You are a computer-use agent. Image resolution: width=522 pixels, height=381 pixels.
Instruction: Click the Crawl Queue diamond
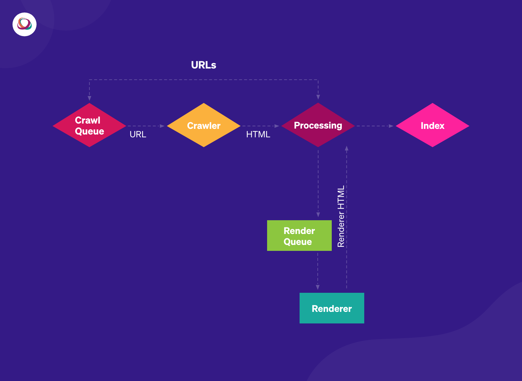89,125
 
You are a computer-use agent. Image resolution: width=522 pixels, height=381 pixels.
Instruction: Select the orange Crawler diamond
204,125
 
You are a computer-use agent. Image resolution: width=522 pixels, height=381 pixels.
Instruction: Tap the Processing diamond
318,125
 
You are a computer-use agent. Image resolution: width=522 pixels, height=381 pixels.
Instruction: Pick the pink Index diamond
432,125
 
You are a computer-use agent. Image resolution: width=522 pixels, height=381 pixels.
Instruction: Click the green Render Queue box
299,236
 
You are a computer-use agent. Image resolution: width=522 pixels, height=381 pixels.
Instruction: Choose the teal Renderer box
332,308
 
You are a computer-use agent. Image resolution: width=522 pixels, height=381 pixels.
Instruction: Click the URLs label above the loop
204,65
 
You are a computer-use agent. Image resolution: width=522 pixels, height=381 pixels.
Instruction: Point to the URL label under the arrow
138,135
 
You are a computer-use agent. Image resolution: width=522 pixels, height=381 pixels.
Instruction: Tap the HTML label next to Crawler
258,135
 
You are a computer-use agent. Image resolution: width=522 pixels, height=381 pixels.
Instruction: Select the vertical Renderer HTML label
341,216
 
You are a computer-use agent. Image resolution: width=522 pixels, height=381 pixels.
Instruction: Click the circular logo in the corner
24,24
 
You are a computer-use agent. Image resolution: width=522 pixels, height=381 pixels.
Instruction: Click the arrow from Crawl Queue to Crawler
146,126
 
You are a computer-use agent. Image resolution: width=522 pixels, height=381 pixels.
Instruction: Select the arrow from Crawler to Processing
260,126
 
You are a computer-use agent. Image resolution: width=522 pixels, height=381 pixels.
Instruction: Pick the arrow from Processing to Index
375,126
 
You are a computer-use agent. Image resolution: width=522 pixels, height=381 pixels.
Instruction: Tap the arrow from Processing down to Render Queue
318,183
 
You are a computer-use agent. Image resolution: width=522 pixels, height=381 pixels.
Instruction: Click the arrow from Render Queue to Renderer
318,271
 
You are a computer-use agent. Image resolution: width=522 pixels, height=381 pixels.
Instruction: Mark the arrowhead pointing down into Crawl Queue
89,98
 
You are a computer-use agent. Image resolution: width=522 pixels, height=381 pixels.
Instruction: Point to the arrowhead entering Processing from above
318,97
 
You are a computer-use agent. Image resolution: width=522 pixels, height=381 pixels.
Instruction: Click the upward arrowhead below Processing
346,148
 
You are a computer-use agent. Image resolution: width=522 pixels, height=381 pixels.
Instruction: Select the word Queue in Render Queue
298,242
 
